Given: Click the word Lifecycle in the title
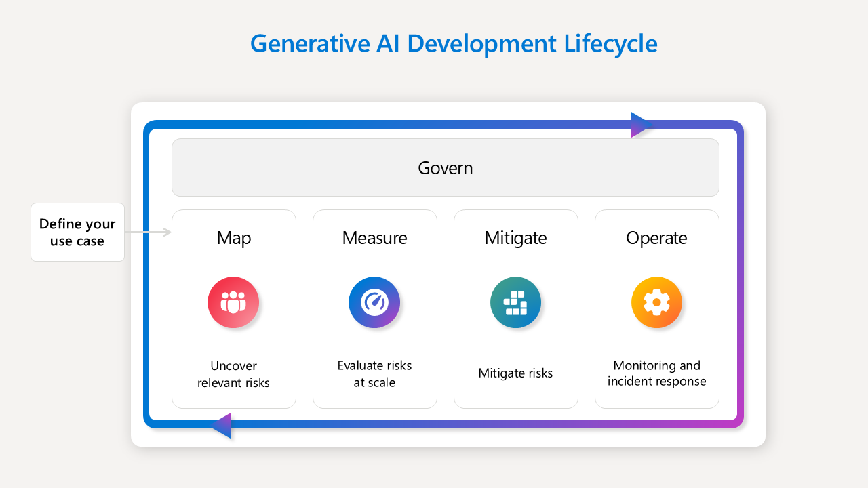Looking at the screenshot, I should pyautogui.click(x=610, y=43).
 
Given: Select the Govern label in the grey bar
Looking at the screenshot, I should pyautogui.click(x=445, y=167).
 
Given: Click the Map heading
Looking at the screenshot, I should pyautogui.click(x=234, y=238).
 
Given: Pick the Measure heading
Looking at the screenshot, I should pyautogui.click(x=374, y=238).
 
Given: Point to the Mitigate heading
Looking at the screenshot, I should pyautogui.click(x=515, y=238).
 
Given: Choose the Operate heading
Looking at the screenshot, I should pyautogui.click(x=656, y=238).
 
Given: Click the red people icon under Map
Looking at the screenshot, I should pyautogui.click(x=233, y=302).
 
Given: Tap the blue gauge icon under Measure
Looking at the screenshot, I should pyautogui.click(x=374, y=302).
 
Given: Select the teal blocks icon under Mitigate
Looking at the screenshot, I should pyautogui.click(x=515, y=302).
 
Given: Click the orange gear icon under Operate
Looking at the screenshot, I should pyautogui.click(x=656, y=302).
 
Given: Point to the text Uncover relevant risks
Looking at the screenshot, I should pyautogui.click(x=233, y=374).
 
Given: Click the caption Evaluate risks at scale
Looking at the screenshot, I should pyautogui.click(x=374, y=374).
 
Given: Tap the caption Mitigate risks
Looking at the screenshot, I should pyautogui.click(x=515, y=373).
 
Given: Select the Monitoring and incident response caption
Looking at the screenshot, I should pyautogui.click(x=656, y=373).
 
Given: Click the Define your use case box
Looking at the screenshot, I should pyautogui.click(x=77, y=232).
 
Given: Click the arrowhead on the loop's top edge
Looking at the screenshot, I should pyautogui.click(x=640, y=125).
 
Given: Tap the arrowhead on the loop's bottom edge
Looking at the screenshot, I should pyautogui.click(x=222, y=426).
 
